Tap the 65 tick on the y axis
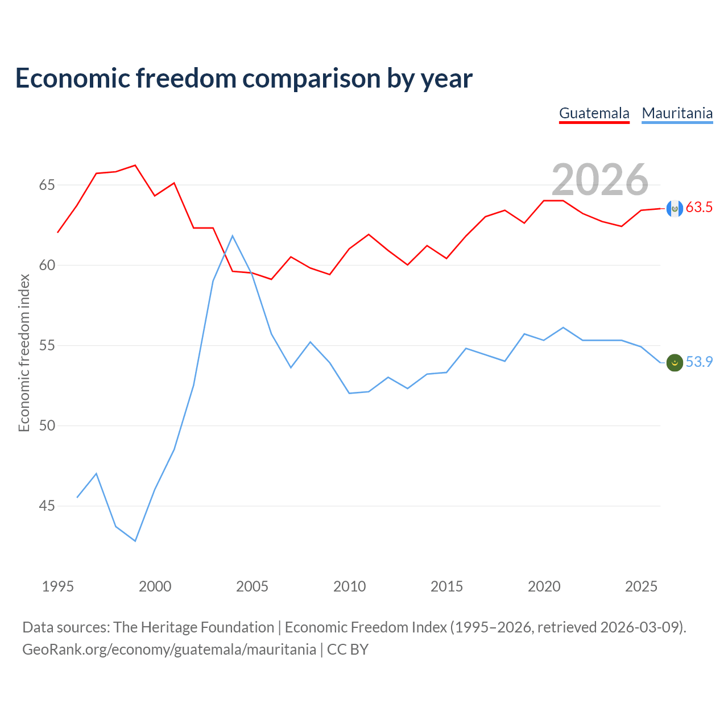click(47, 185)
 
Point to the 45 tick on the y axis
click(47, 506)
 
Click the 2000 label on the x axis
click(155, 586)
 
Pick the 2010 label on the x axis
click(349, 586)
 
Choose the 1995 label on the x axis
click(58, 586)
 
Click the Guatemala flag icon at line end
click(675, 209)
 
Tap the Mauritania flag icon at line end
click(675, 363)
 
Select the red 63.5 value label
click(699, 207)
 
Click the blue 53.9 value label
click(699, 362)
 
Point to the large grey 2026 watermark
click(600, 180)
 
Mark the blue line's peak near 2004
click(233, 235)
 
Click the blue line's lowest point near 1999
click(135, 541)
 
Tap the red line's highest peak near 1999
click(135, 165)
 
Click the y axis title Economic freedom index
click(24, 353)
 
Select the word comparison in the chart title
click(311, 78)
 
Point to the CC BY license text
click(347, 650)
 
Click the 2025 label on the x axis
click(641, 586)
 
